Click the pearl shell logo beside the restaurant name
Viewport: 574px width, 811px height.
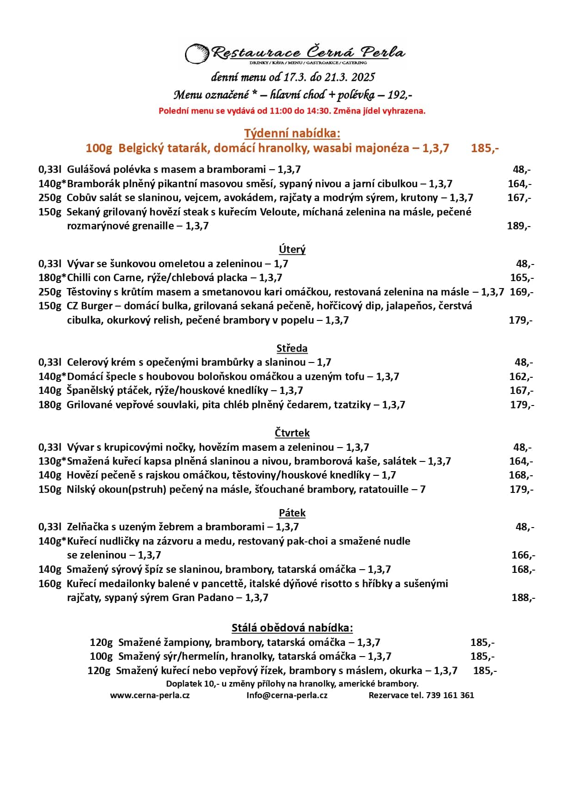[197, 54]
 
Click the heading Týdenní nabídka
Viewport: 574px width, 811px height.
[292, 133]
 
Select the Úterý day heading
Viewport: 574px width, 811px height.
[292, 249]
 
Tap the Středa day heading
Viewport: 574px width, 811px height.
[292, 348]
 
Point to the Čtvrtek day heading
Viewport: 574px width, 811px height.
[292, 433]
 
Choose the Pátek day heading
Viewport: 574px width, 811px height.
[292, 513]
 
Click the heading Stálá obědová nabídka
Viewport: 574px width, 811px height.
[292, 627]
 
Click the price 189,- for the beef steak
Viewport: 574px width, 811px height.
[518, 226]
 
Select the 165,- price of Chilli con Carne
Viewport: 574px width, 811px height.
[522, 277]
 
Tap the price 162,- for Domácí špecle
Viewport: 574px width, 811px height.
[521, 376]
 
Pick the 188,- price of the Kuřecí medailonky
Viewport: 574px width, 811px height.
[523, 597]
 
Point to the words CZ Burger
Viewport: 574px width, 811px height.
[90, 306]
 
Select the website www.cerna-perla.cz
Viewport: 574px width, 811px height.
[150, 695]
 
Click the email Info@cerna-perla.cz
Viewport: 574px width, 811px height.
[287, 695]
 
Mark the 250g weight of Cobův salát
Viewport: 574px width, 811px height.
[49, 197]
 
